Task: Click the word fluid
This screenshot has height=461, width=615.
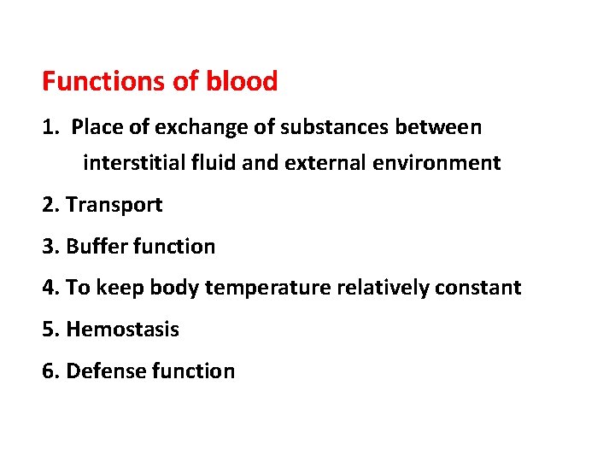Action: coord(214,163)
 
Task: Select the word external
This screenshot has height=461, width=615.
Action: coord(317,163)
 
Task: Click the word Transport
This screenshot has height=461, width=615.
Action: coord(114,205)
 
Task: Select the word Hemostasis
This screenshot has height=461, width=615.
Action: coord(122,330)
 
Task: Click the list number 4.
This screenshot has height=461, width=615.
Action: coord(48,289)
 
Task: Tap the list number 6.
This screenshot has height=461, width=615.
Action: coord(48,371)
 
